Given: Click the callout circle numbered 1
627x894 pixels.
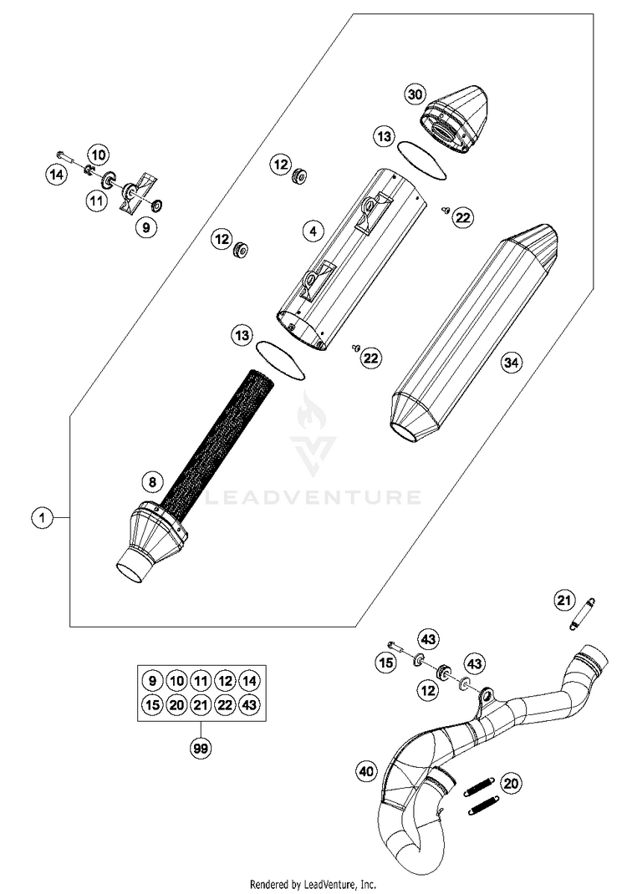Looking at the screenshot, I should pyautogui.click(x=39, y=519).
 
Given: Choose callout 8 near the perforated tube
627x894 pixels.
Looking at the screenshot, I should pyautogui.click(x=151, y=481).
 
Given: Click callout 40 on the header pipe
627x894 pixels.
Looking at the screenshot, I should pyautogui.click(x=364, y=772).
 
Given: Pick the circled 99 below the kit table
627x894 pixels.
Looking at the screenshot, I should pyautogui.click(x=200, y=749).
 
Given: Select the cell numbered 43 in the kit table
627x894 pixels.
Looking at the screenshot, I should pyautogui.click(x=247, y=705).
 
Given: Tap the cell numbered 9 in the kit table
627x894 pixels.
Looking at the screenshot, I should pyautogui.click(x=151, y=680).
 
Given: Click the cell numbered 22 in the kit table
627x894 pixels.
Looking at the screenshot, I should pyautogui.click(x=223, y=705).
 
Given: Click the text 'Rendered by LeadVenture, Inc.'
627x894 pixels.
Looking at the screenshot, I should pyautogui.click(x=313, y=883).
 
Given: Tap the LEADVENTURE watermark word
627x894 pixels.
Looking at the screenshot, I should pyautogui.click(x=313, y=498).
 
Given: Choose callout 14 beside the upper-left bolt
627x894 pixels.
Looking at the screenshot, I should pyautogui.click(x=56, y=175).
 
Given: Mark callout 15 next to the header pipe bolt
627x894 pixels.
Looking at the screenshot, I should pyautogui.click(x=385, y=663).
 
